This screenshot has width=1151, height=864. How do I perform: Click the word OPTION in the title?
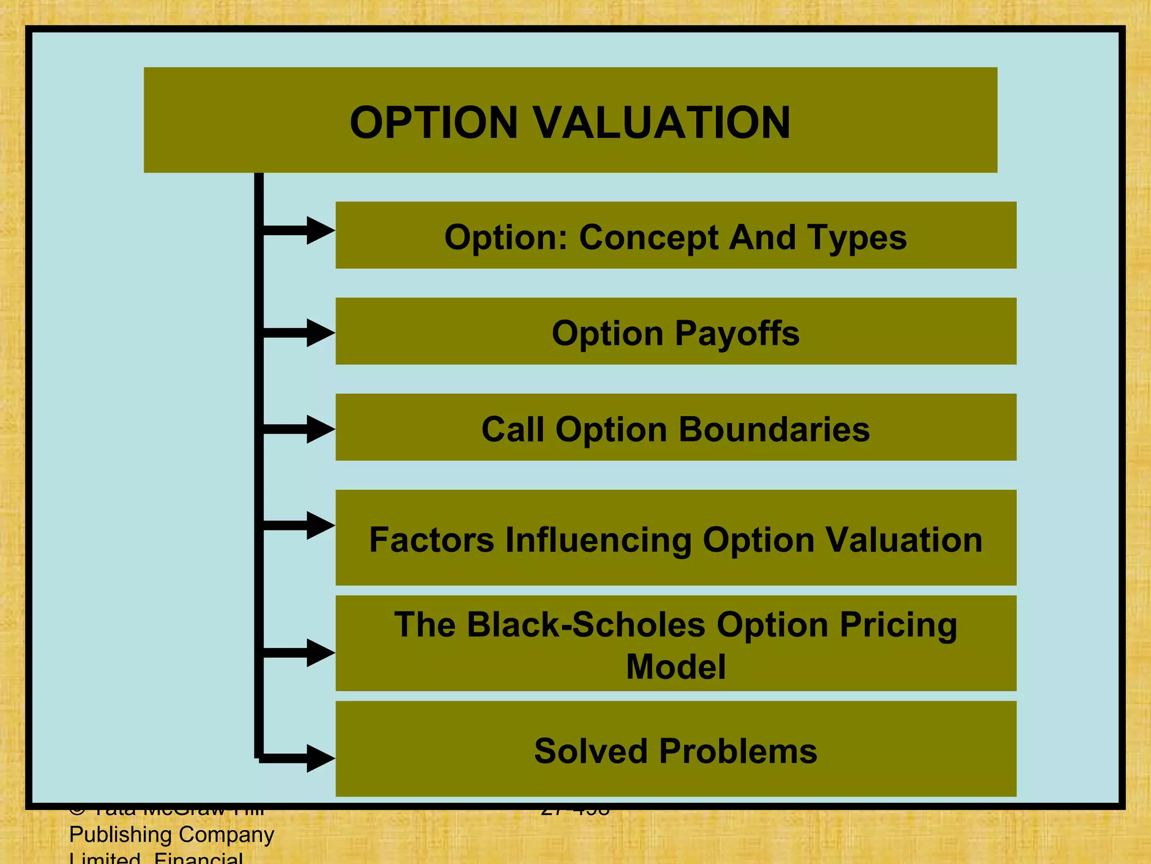tap(433, 123)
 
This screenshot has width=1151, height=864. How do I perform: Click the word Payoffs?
tap(737, 334)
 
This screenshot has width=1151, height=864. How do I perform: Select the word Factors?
tap(431, 540)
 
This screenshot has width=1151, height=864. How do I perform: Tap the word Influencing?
tap(598, 540)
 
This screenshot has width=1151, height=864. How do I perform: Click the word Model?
tap(676, 667)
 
